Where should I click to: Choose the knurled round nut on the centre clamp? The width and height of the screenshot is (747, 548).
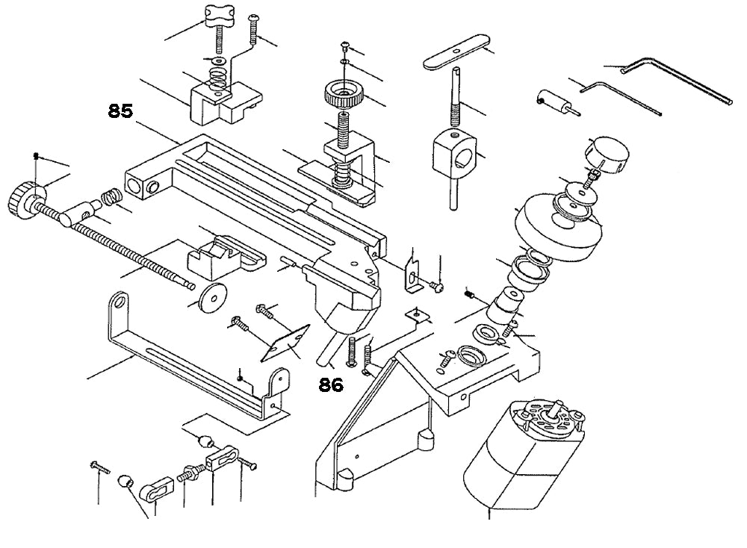click(342, 96)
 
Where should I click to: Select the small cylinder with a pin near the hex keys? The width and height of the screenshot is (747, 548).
click(552, 101)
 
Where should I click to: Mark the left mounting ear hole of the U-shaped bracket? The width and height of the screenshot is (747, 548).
click(118, 302)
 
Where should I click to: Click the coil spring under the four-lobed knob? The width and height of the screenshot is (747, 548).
click(216, 75)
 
